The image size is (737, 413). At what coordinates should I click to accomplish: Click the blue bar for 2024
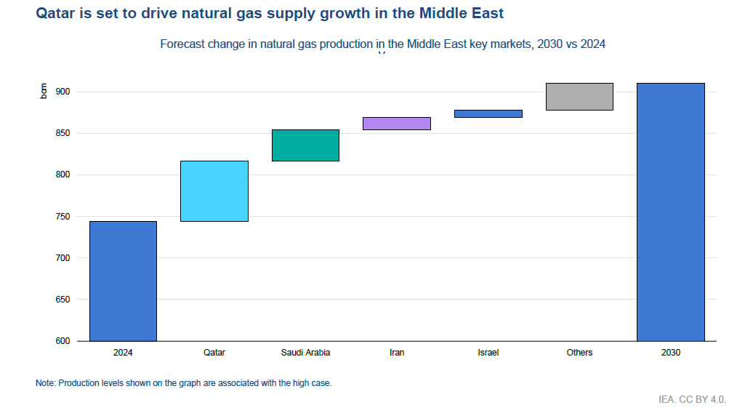coord(123,281)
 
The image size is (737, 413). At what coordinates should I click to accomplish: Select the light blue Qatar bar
coord(214,191)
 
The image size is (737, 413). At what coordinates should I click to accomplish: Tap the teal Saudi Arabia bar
coord(305,145)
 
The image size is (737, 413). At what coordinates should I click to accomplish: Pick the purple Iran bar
coord(397,123)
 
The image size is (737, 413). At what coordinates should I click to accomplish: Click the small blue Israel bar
coord(488,113)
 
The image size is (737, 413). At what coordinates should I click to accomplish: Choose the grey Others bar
coord(579,96)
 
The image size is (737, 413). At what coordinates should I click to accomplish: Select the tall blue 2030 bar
coord(671,212)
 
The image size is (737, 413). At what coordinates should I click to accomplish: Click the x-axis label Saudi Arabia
coord(305,353)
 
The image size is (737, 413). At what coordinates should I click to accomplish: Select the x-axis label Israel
coord(488,353)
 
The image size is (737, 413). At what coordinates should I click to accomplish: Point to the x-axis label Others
coord(579,353)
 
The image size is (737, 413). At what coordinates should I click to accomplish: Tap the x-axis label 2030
coord(671,353)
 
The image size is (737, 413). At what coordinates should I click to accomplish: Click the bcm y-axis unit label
coord(44,92)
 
